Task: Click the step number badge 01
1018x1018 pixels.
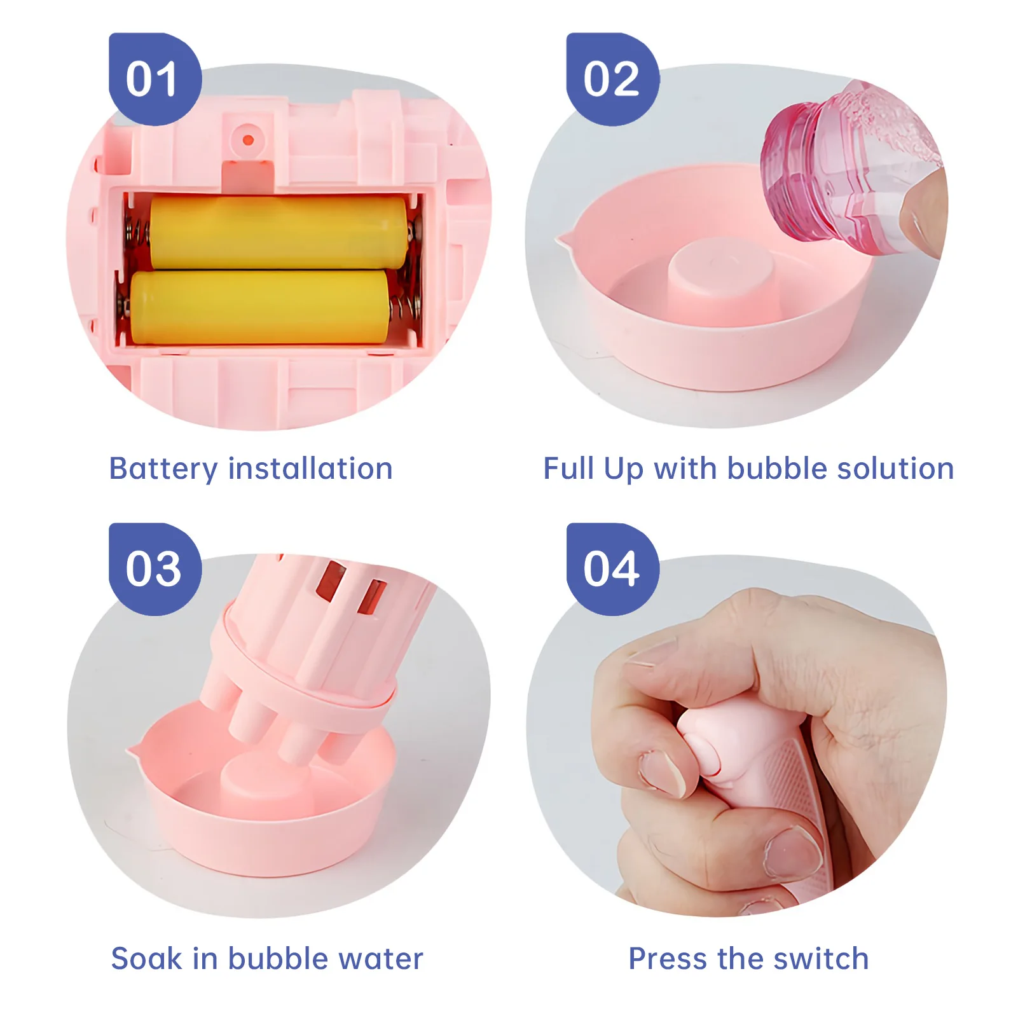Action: (x=155, y=79)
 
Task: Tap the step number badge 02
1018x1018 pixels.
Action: (x=612, y=79)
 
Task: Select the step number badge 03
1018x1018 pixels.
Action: (x=155, y=569)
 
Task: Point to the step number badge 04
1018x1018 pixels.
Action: (x=612, y=569)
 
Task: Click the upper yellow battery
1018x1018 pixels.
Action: (x=279, y=232)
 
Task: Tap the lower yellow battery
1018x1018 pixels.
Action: (x=259, y=306)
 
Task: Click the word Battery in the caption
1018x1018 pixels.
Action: (x=163, y=469)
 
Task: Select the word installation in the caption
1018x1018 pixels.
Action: (x=310, y=469)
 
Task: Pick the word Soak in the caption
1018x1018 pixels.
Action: (x=146, y=958)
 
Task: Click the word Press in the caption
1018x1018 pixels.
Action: (x=667, y=958)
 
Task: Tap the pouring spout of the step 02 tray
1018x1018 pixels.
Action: (x=563, y=240)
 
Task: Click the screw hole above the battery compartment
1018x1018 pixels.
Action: (x=249, y=140)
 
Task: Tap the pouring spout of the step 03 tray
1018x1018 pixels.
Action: (x=134, y=751)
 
